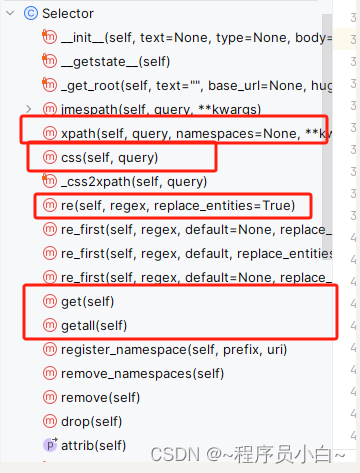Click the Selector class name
(x=69, y=13)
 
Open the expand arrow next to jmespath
(x=28, y=108)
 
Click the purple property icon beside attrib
(x=50, y=444)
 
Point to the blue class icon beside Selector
(x=30, y=13)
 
